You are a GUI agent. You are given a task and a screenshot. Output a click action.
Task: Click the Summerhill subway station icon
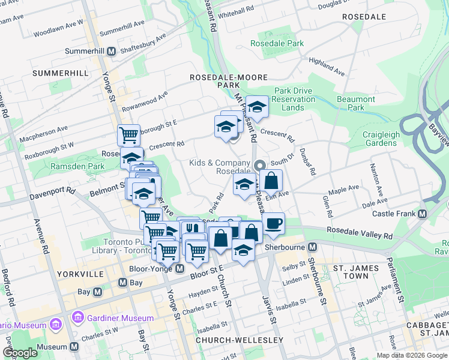(111, 52)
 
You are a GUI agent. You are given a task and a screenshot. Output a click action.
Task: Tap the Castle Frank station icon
(422, 214)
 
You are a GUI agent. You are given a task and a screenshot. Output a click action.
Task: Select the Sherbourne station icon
(313, 247)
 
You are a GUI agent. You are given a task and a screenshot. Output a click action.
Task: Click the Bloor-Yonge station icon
(179, 268)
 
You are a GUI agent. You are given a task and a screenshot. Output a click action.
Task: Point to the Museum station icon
(74, 347)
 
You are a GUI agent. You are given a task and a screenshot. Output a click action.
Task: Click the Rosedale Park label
(277, 44)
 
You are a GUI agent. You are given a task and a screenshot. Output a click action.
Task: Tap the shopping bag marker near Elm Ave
(271, 180)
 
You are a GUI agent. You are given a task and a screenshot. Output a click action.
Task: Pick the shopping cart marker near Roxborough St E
(128, 135)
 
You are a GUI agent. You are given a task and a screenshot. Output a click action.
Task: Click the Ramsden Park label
(77, 166)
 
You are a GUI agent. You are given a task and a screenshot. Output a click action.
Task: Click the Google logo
(20, 353)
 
